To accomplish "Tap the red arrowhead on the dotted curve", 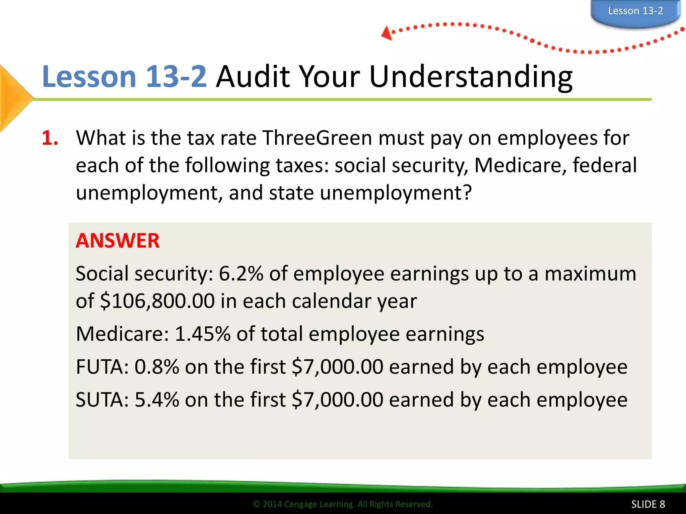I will tap(387, 33).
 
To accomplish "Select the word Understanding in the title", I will tap(471, 77).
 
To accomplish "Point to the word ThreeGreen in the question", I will tap(317, 138).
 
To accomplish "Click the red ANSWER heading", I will tap(118, 241).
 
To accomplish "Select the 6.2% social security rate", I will tap(241, 274).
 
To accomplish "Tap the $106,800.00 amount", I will tap(157, 301).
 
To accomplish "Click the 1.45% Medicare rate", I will tap(203, 334).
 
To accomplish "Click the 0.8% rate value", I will tap(157, 367).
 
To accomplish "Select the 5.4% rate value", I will tap(157, 400).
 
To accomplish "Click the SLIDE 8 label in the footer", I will tap(648, 504).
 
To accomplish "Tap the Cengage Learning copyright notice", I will tap(343, 504).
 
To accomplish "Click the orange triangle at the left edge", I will tap(13, 98).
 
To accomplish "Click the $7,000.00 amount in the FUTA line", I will tap(337, 367).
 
